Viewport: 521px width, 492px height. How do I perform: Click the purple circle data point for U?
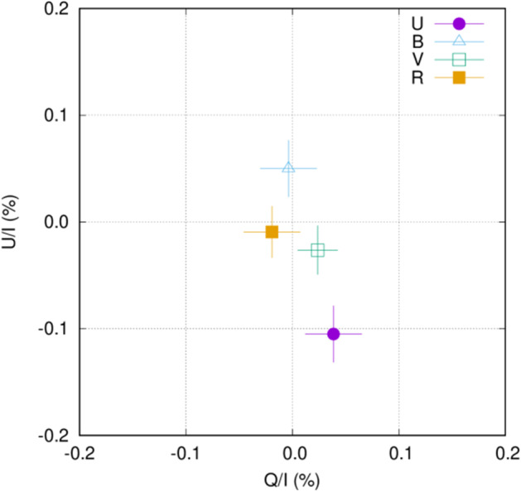coord(334,334)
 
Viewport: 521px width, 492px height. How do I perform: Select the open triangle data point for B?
coord(288,167)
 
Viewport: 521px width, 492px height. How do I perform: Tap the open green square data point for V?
coord(317,250)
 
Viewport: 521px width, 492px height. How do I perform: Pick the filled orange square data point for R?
coord(272,232)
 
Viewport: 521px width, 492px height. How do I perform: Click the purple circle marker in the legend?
coord(460,23)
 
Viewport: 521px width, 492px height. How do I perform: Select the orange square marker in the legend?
coord(460,78)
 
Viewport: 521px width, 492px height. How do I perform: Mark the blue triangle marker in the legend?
coord(460,41)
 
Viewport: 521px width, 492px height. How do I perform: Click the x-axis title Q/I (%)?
coord(292,480)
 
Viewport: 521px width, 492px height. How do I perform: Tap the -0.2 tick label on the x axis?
coord(80,453)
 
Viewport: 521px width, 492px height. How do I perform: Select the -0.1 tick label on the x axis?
coord(186,453)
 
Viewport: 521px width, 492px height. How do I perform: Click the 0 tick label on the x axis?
coord(292,453)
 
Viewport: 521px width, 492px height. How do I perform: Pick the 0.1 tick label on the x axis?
coord(399,453)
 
